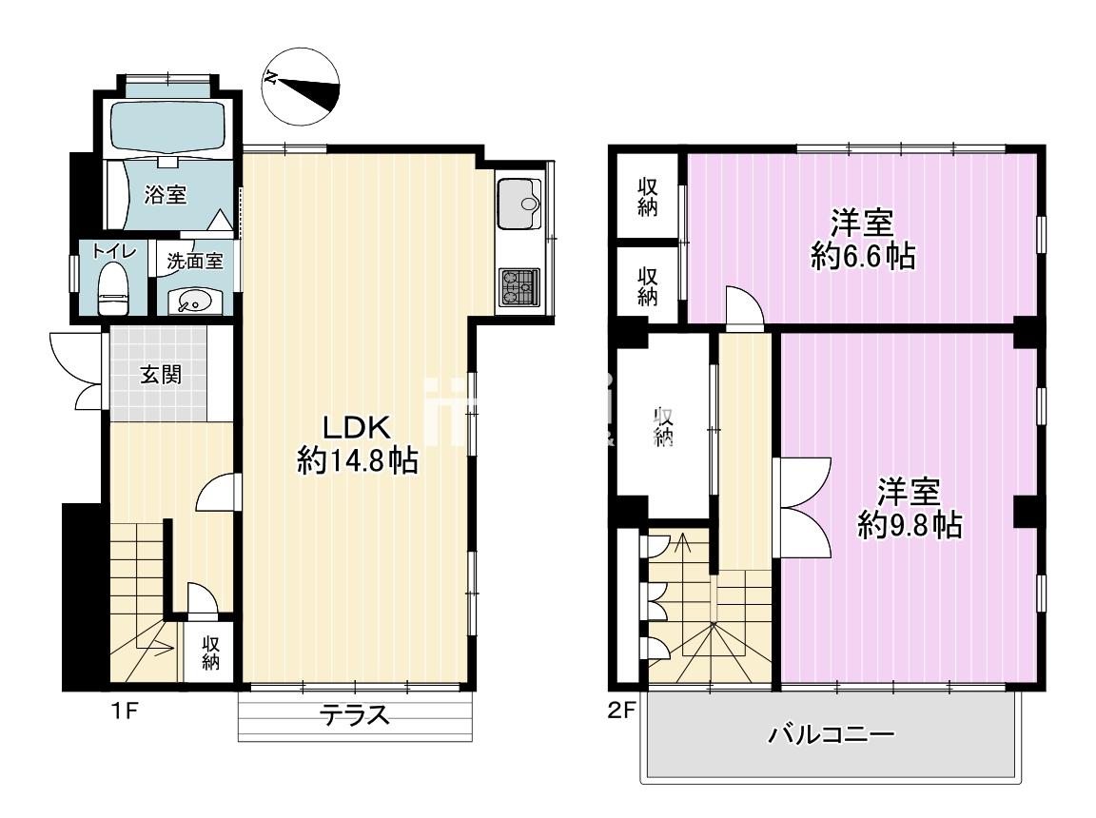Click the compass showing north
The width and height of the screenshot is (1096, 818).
(x=302, y=87)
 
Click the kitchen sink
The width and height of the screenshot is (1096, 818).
(x=519, y=204)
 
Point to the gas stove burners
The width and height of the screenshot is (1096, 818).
(x=519, y=286)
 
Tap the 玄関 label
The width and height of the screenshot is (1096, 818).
(x=161, y=375)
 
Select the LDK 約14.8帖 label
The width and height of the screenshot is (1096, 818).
(x=357, y=443)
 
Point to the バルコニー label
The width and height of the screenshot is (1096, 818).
(x=832, y=734)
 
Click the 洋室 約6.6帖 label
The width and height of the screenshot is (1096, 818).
(x=863, y=241)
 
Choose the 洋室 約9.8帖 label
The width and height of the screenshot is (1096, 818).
(x=910, y=508)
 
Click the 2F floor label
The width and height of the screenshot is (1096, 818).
(x=621, y=711)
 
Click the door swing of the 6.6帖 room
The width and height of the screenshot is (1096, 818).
(x=744, y=306)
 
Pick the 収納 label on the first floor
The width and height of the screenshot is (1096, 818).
(x=211, y=652)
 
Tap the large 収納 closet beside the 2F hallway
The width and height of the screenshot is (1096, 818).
(x=662, y=426)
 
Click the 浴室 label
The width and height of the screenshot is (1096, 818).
(x=166, y=194)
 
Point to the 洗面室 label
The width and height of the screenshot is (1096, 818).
(x=195, y=262)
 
